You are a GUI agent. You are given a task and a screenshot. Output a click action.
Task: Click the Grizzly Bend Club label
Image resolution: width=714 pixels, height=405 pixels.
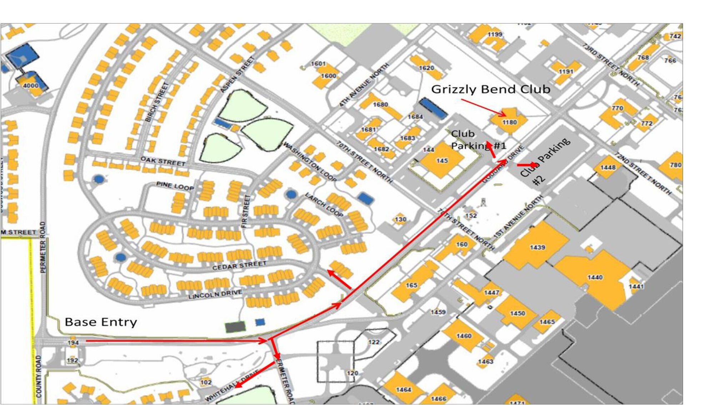(491, 89)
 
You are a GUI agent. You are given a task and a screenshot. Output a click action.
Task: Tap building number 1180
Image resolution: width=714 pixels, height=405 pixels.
(509, 122)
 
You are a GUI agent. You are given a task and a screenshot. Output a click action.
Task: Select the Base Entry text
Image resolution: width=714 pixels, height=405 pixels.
(101, 322)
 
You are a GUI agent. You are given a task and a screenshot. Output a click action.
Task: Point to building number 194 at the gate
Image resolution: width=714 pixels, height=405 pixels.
(73, 342)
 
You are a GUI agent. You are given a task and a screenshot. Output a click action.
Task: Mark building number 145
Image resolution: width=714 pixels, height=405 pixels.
(442, 161)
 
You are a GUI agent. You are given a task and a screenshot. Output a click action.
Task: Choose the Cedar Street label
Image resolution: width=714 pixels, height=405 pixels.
(239, 265)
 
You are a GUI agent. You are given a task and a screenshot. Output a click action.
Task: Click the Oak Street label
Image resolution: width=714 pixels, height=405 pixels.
(163, 161)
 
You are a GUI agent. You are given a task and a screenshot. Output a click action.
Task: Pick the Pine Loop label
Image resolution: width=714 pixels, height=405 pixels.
(175, 186)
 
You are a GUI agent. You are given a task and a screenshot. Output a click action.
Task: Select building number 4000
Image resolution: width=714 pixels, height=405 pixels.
(31, 85)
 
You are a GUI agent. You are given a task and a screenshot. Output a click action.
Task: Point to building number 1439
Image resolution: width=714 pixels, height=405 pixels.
(537, 247)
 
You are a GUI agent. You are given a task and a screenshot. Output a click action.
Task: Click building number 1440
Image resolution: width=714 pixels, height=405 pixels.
(595, 277)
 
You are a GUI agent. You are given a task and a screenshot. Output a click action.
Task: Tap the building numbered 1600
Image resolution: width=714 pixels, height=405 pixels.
(328, 76)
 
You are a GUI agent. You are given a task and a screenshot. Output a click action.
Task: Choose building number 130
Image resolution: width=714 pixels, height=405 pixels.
(400, 219)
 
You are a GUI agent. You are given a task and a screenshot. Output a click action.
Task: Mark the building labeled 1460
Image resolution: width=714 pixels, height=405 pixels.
(464, 336)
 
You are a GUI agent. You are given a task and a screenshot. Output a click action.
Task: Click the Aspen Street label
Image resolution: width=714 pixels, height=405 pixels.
(237, 75)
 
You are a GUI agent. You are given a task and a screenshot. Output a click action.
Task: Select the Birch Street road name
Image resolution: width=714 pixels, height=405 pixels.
(157, 102)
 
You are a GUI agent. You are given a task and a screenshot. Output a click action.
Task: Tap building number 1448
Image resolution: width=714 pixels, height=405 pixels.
(608, 167)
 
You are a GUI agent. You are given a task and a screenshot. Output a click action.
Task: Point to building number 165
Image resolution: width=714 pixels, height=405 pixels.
(411, 285)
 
